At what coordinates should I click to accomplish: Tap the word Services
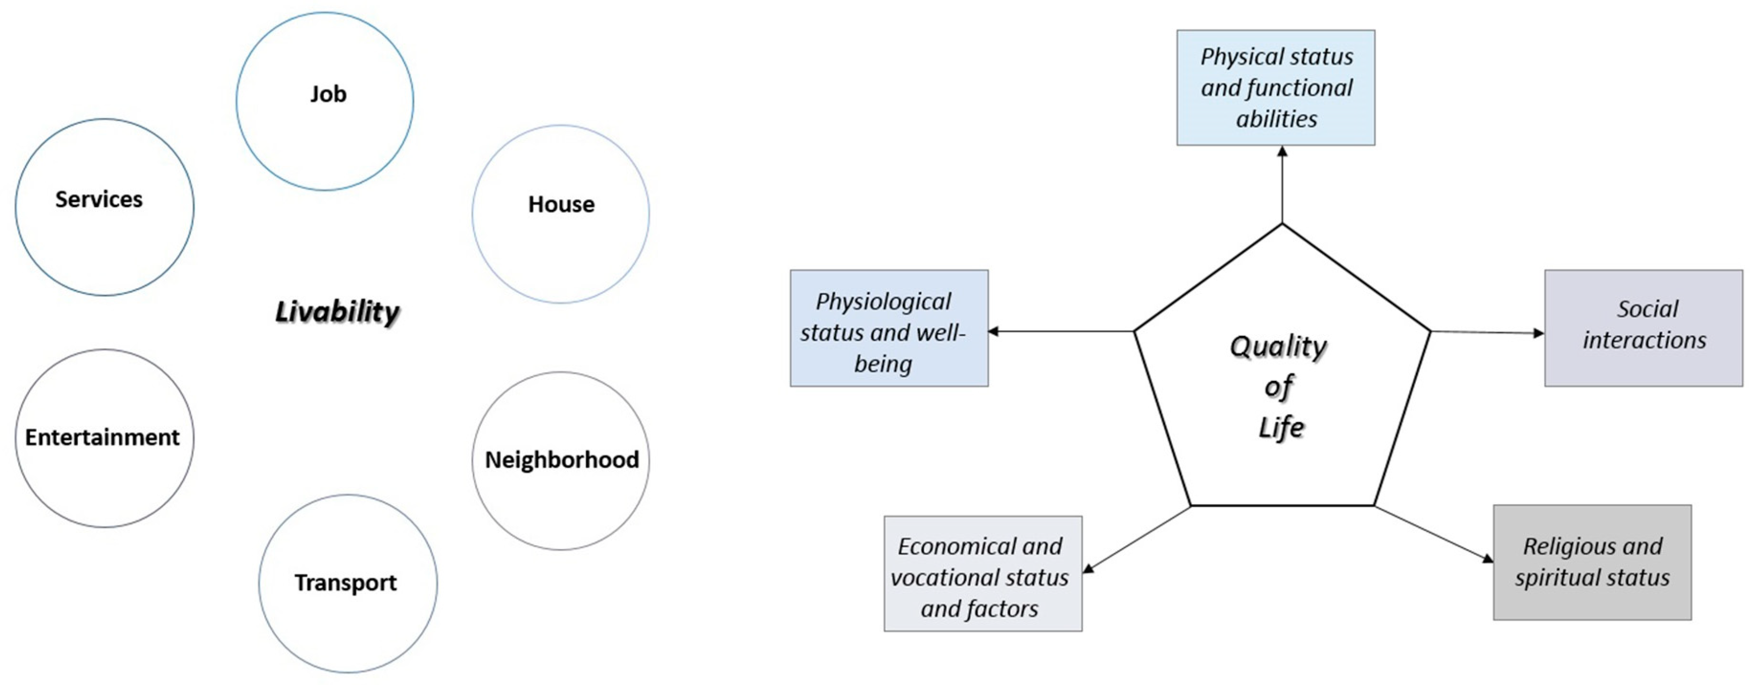click(x=99, y=199)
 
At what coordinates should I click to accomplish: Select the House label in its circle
click(x=561, y=204)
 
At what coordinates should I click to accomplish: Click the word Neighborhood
click(x=562, y=459)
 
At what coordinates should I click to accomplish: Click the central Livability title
click(x=337, y=312)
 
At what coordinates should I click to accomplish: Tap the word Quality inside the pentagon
click(x=1278, y=346)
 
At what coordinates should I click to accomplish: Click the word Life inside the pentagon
click(x=1280, y=428)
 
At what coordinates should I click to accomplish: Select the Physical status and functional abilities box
click(x=1275, y=87)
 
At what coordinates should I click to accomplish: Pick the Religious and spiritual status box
click(x=1592, y=562)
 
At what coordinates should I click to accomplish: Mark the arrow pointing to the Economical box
click(x=1136, y=539)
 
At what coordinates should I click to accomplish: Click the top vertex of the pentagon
click(x=1282, y=224)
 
